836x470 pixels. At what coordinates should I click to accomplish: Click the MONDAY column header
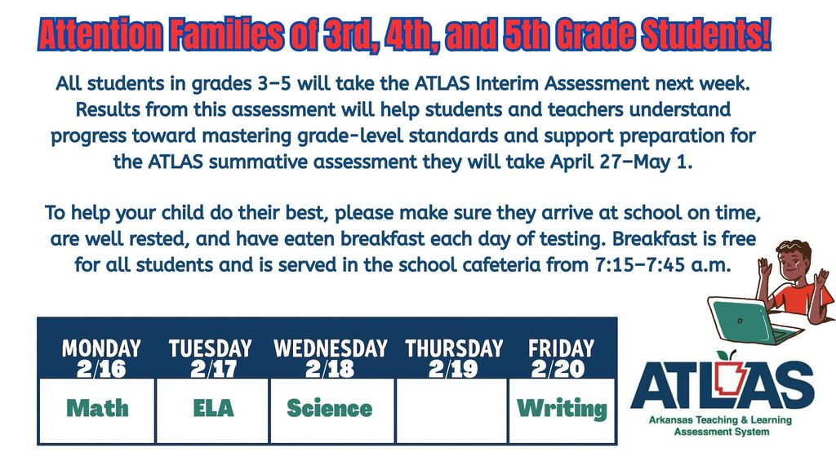coord(101,348)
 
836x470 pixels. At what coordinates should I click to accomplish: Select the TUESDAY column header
coord(211,348)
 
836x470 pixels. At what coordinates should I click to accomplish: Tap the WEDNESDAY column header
coord(331,348)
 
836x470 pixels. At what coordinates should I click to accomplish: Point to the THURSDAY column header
coord(454,348)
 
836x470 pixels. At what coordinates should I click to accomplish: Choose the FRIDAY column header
coord(561,348)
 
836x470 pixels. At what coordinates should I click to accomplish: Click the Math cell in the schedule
coord(98,410)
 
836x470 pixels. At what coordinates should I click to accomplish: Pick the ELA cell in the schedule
coord(213,410)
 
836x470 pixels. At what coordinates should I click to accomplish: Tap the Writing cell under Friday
coord(562,410)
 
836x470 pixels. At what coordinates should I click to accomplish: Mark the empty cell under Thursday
coord(451,410)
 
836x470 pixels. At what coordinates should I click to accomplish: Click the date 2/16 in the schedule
coord(101,369)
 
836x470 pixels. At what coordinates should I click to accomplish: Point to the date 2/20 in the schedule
coord(558,369)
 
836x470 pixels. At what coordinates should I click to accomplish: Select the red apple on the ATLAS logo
coord(723,356)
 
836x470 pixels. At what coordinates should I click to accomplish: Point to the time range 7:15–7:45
coord(640,264)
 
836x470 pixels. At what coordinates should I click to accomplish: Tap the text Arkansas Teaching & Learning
coord(720,420)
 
